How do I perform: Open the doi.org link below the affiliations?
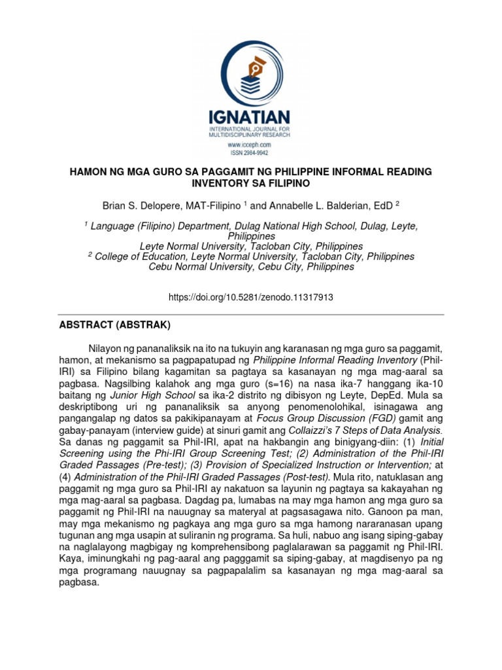[250, 297]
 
